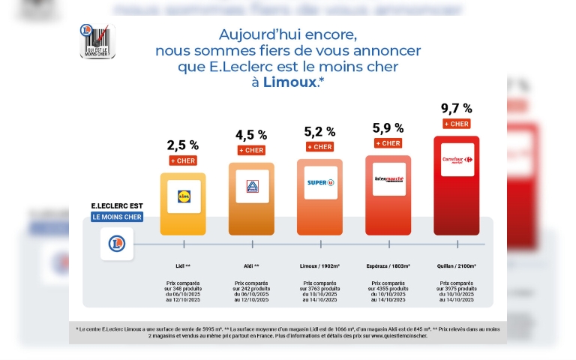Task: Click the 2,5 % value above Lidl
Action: coord(183,145)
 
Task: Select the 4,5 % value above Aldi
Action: coord(251,135)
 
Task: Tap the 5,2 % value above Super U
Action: coord(319,132)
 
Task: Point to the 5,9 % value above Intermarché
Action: coord(388,128)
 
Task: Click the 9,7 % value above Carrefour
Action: coord(456,109)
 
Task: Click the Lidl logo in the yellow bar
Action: coord(184,196)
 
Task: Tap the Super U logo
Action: coord(319,183)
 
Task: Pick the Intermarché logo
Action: coord(388,179)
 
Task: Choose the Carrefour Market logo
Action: coord(457,160)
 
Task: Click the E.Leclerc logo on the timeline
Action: coord(117,244)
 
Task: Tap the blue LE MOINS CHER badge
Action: coord(116,217)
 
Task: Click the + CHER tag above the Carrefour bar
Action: coord(456,124)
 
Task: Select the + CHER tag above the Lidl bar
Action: coord(183,160)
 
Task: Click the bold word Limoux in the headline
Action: coord(289,82)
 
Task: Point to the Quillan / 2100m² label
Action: coord(456,265)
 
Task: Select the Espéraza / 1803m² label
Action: coord(388,265)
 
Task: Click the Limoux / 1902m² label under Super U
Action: coord(319,265)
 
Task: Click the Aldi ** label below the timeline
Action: coord(251,265)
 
